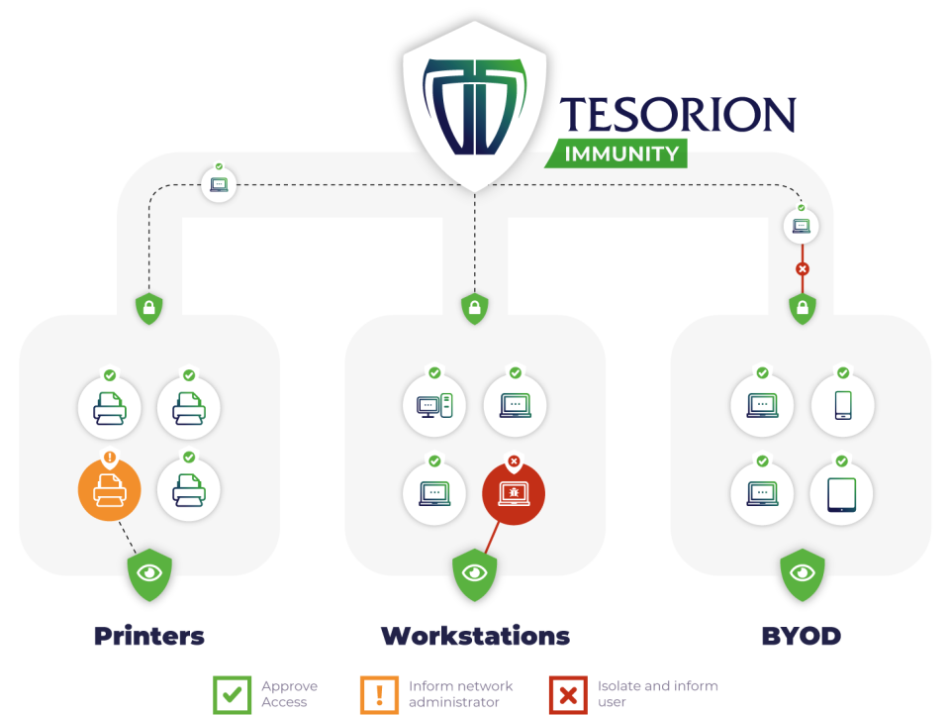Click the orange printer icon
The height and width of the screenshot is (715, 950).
point(110,489)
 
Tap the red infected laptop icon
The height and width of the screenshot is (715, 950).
point(514,493)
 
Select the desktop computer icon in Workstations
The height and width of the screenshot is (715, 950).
point(434,405)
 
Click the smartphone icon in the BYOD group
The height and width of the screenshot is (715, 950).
point(843,405)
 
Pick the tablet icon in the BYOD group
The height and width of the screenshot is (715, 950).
point(841,494)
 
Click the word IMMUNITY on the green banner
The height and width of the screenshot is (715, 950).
point(621,154)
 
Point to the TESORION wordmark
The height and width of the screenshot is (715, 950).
point(677,114)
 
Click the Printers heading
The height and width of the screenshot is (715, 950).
point(149,636)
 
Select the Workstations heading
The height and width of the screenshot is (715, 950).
point(476,636)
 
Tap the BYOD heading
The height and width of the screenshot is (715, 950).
point(801,636)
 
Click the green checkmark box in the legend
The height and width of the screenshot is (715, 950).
point(232,695)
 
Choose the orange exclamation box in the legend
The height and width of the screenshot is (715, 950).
point(379,695)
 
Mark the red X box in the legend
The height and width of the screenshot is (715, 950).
point(568,695)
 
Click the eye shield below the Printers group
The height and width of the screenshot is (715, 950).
point(149,574)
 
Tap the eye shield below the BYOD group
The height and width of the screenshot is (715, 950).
point(803,574)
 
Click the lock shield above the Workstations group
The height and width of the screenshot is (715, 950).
point(475,308)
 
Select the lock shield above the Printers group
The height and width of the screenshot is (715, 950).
point(149,308)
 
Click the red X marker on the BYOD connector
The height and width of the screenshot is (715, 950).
point(803,268)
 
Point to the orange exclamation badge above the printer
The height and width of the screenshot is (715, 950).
point(110,457)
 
